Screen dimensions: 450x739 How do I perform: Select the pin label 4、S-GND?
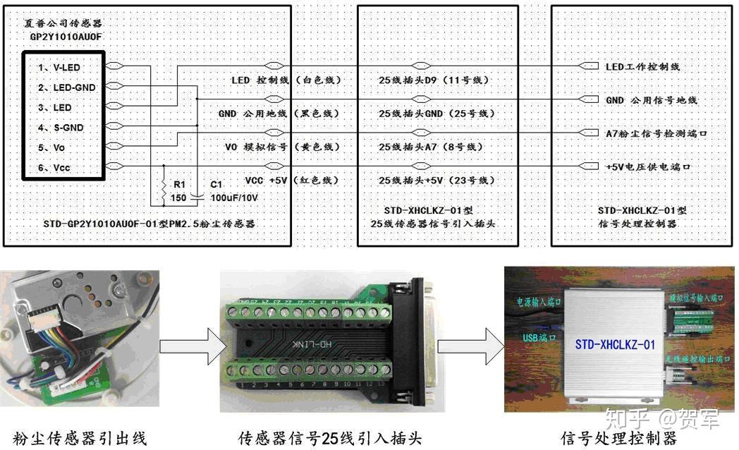pyautogui.click(x=61, y=128)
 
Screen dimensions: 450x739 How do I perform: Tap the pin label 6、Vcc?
pyautogui.click(x=55, y=167)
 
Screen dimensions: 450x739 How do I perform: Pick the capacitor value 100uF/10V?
pyautogui.click(x=234, y=197)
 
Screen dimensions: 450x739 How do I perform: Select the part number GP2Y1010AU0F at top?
pyautogui.click(x=66, y=35)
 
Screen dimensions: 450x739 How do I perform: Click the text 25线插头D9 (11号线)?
pyautogui.click(x=433, y=80)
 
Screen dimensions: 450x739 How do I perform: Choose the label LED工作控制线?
pyautogui.click(x=642, y=66)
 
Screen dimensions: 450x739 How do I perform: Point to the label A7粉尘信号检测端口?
pyautogui.click(x=656, y=133)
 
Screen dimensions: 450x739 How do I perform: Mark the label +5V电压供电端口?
pyautogui.click(x=647, y=167)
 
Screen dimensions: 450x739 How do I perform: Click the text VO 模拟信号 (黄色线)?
pyautogui.click(x=282, y=147)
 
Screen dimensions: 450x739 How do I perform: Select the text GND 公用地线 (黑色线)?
pyautogui.click(x=279, y=114)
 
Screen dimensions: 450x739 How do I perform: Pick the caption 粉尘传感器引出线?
pyautogui.click(x=77, y=438)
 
